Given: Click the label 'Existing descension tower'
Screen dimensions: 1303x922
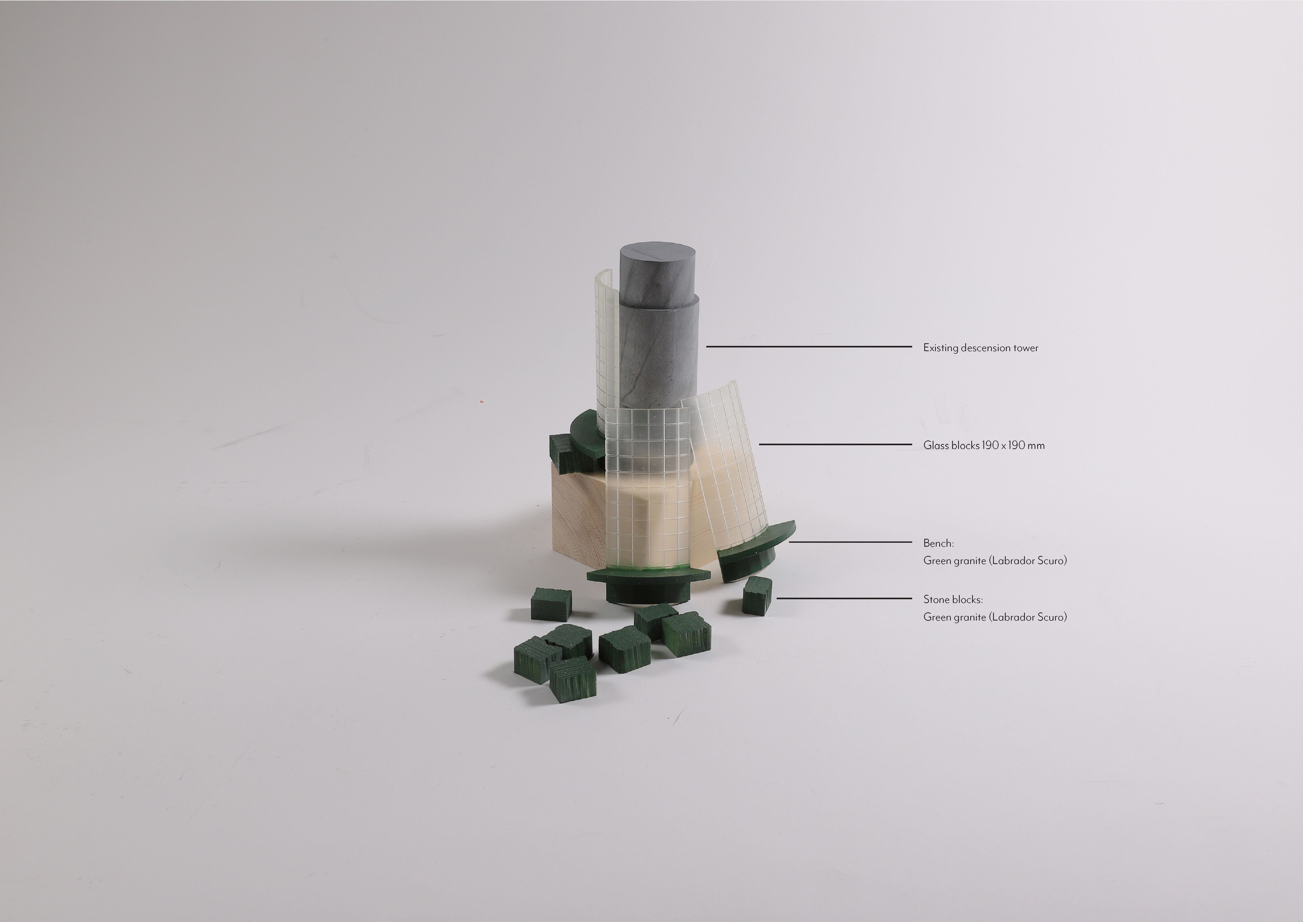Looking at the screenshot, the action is [981, 348].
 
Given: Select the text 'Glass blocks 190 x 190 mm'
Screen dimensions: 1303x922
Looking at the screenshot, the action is [984, 445].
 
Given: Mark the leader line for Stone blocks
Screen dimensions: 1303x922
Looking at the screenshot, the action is [844, 598].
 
